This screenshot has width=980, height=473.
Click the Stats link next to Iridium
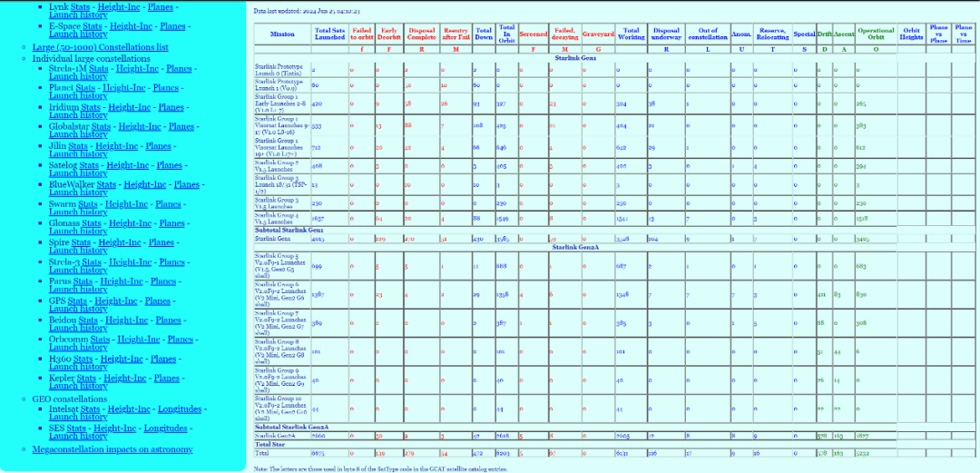pos(90,107)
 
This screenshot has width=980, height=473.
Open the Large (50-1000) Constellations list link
pos(100,47)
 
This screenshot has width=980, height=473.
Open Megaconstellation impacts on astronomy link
pos(113,449)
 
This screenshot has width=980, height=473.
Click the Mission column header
pos(281,34)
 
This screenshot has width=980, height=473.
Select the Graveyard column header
pos(598,34)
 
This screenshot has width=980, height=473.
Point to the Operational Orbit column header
pos(876,34)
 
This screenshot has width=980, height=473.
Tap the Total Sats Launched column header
pos(329,34)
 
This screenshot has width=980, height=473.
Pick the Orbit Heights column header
pos(912,34)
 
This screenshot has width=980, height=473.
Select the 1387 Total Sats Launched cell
pos(319,295)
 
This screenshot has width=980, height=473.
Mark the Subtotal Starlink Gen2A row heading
pos(291,427)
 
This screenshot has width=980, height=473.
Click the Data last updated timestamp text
pos(307,11)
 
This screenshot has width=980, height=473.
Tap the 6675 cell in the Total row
pos(319,452)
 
